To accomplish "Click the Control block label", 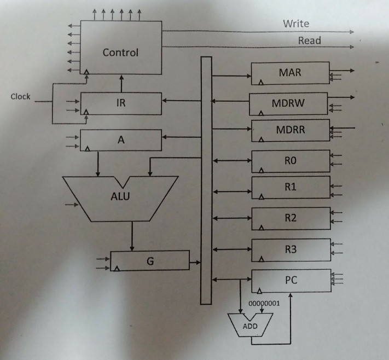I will coord(120,53).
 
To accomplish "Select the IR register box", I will coord(121,104).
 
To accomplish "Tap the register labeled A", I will coord(121,140).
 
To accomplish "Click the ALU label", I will coord(120,196).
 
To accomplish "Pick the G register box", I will coord(150,261).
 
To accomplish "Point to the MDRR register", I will coord(291,130).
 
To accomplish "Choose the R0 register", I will coord(291,161).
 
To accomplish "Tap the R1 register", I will coord(291,187).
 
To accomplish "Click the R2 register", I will coord(291,218).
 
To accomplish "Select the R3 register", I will coord(291,249).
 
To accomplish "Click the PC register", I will coord(291,281).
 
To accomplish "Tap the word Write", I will coord(296,24).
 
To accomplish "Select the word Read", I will coord(309,40).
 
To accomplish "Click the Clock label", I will coord(20,97).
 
